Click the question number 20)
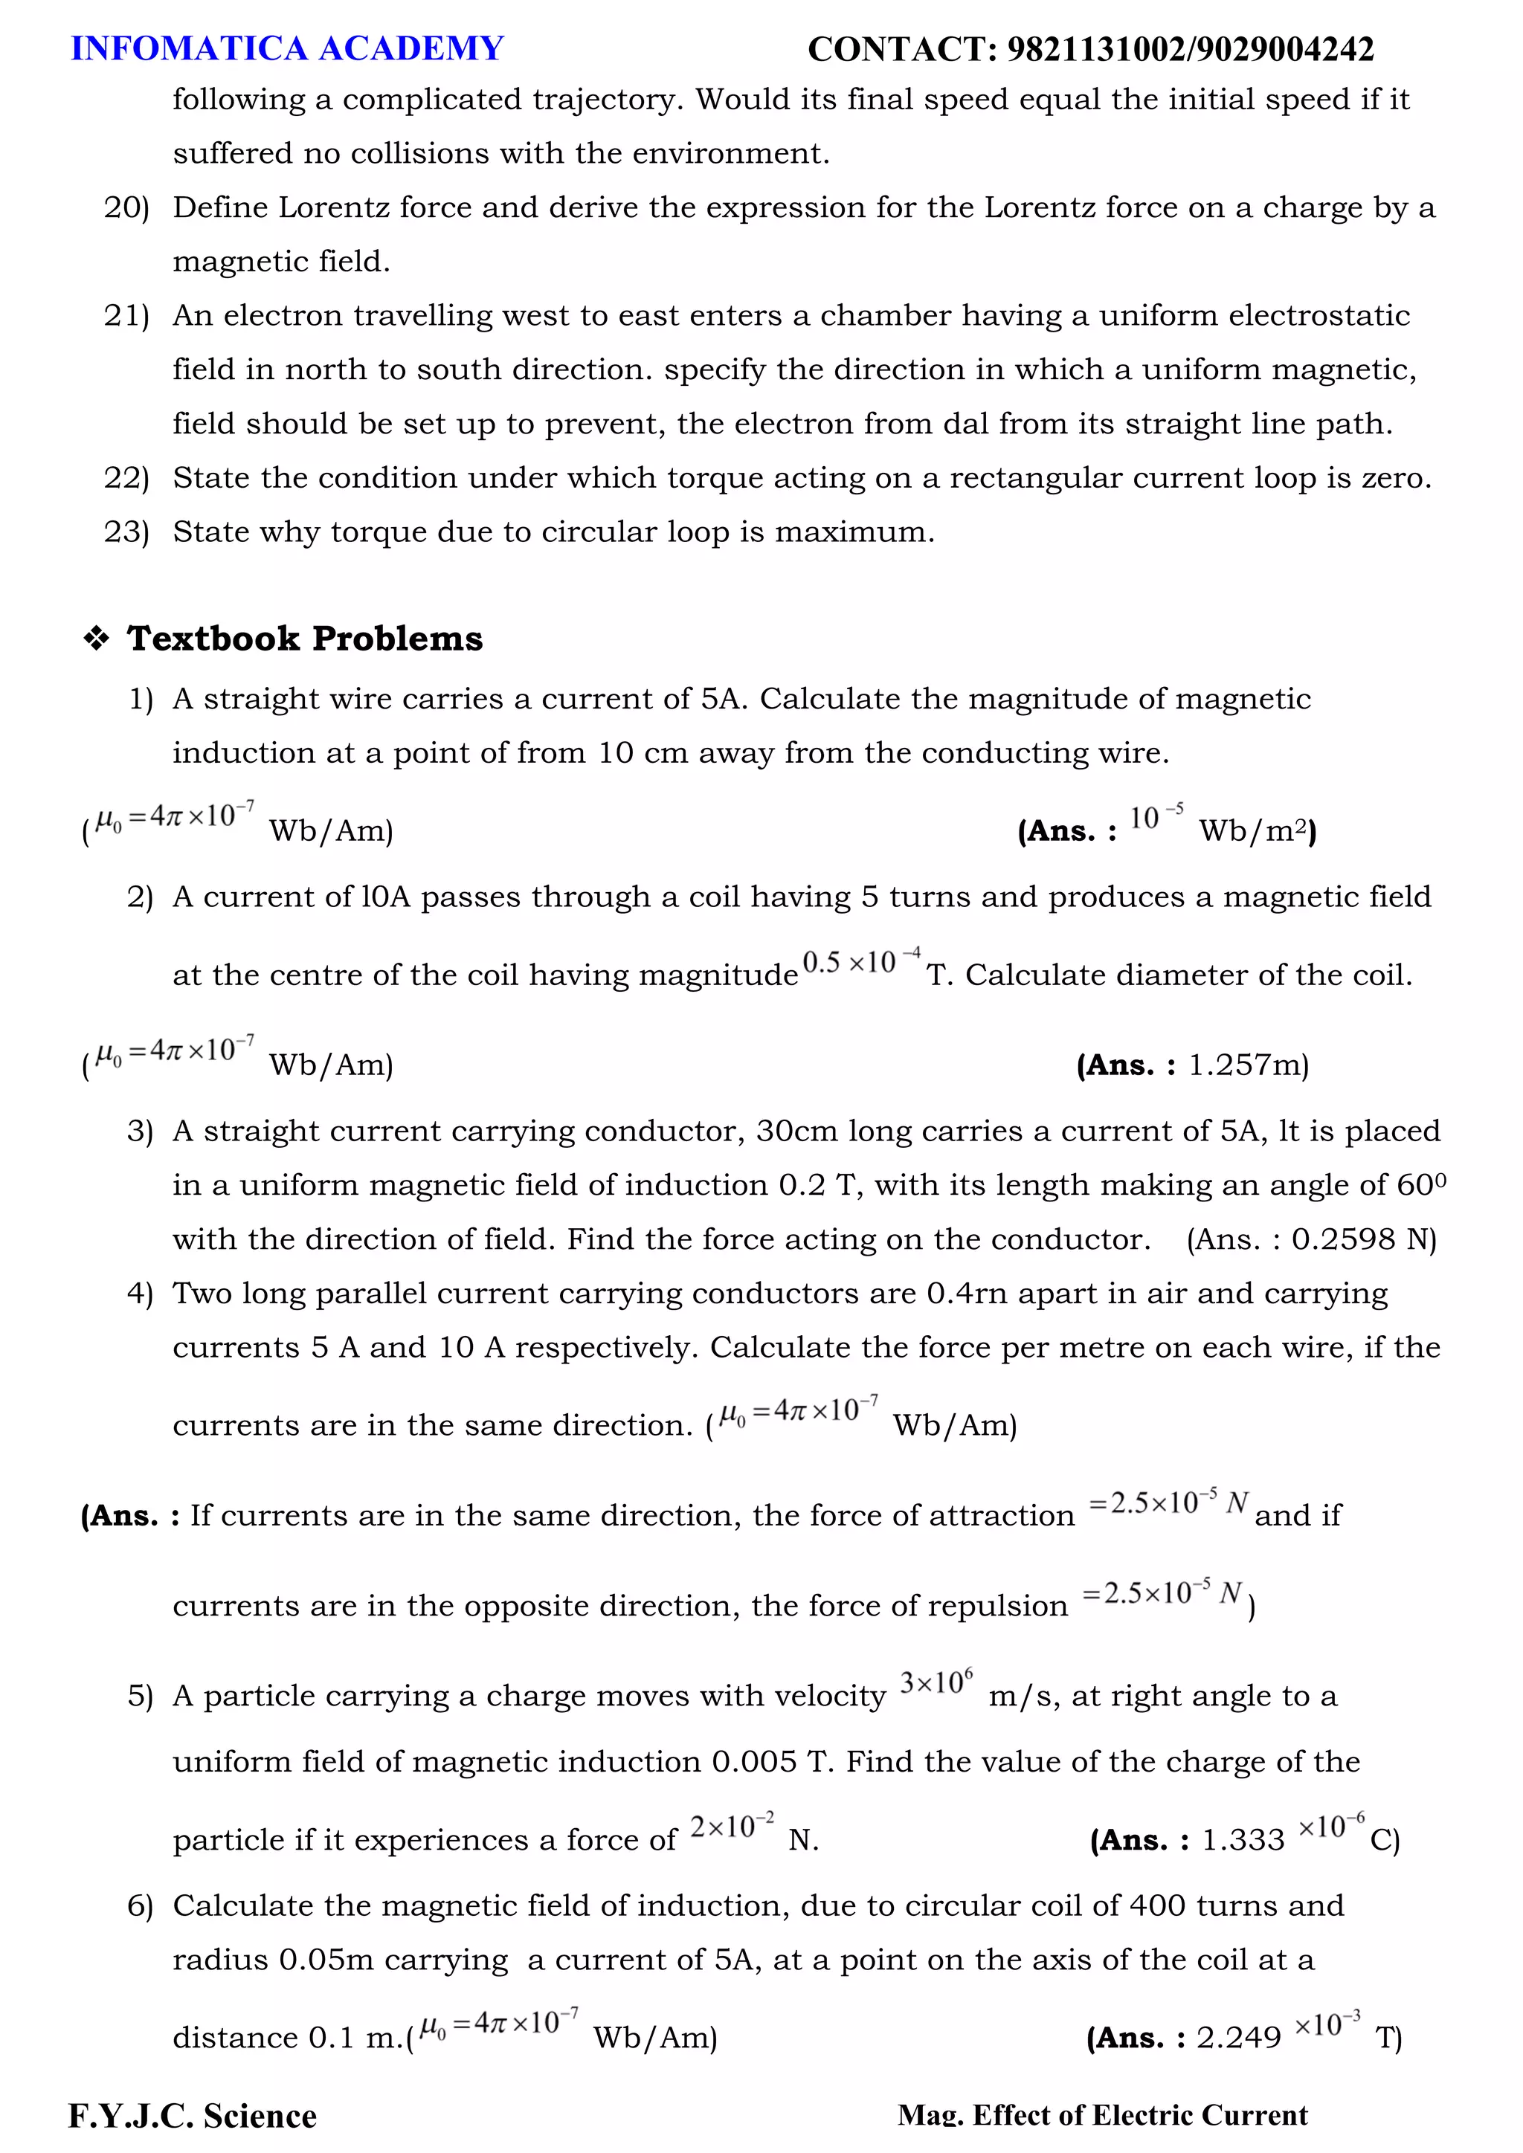pyautogui.click(x=126, y=207)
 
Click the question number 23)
pyautogui.click(x=126, y=532)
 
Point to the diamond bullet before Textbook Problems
pyautogui.click(x=96, y=639)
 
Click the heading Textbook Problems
pyautogui.click(x=305, y=639)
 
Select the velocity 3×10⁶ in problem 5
pyautogui.click(x=936, y=1682)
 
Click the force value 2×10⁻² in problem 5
pyautogui.click(x=732, y=1827)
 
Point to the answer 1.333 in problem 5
pyautogui.click(x=1243, y=1840)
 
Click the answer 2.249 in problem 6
pyautogui.click(x=1238, y=2038)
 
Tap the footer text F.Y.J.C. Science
pyautogui.click(x=193, y=2117)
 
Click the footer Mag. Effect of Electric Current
pyautogui.click(x=1102, y=2116)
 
